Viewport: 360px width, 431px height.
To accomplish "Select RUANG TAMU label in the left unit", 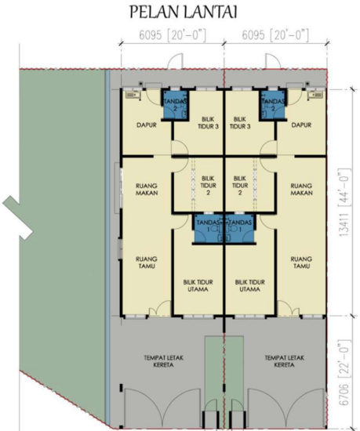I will click(x=144, y=261).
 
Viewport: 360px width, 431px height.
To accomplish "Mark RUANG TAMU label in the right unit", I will click(x=302, y=261).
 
